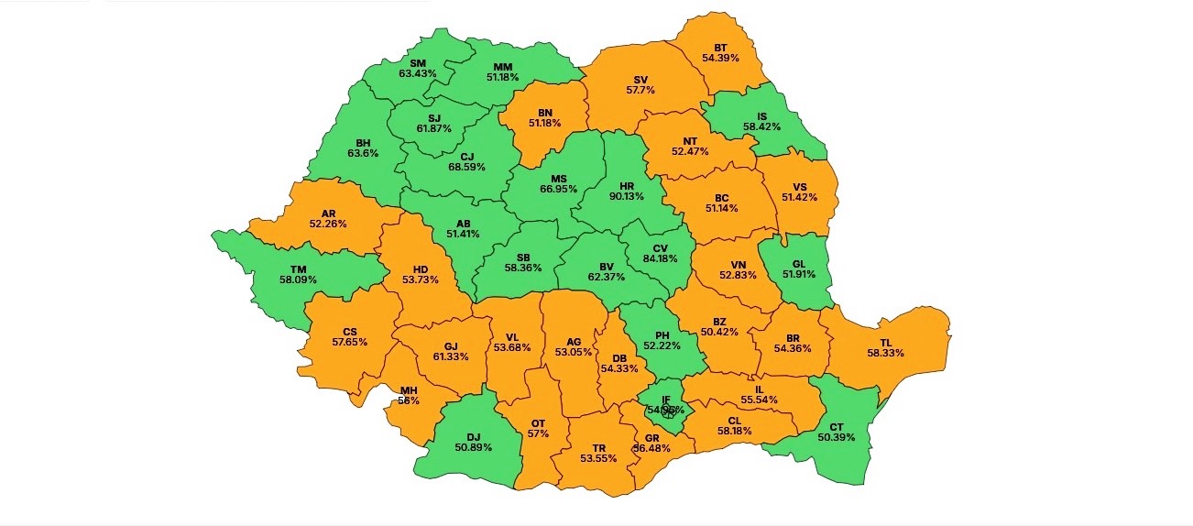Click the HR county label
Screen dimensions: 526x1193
click(627, 186)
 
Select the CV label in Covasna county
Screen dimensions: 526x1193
click(660, 247)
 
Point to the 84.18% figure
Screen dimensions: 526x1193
click(660, 258)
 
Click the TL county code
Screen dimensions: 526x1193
click(885, 342)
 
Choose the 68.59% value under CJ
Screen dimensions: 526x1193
click(467, 168)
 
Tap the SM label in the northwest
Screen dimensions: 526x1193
click(418, 62)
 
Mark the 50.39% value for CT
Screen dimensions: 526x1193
click(836, 437)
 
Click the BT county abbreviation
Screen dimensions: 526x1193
click(721, 47)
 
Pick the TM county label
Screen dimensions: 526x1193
click(298, 268)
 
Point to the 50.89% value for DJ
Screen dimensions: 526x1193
click(473, 448)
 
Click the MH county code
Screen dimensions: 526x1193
click(409, 390)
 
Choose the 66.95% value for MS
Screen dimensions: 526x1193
click(558, 189)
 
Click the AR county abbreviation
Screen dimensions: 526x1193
click(328, 214)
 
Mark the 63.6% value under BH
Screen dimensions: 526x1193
click(364, 154)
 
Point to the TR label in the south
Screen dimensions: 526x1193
click(598, 448)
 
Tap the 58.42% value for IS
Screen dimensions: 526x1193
click(761, 127)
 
